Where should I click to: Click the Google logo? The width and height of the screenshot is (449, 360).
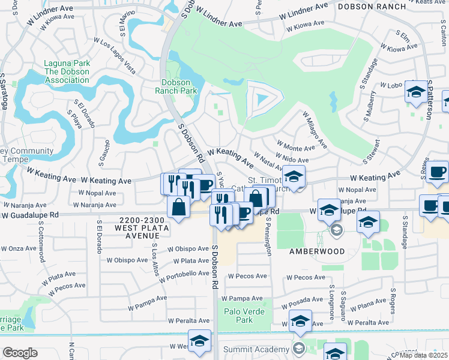tap(20, 353)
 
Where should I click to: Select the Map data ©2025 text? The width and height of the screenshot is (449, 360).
tap(423, 355)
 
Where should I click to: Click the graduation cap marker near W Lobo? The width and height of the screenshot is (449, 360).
tap(415, 92)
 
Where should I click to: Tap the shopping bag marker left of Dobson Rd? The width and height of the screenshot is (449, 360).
tap(179, 208)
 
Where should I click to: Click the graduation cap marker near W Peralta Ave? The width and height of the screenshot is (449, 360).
tap(300, 322)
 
